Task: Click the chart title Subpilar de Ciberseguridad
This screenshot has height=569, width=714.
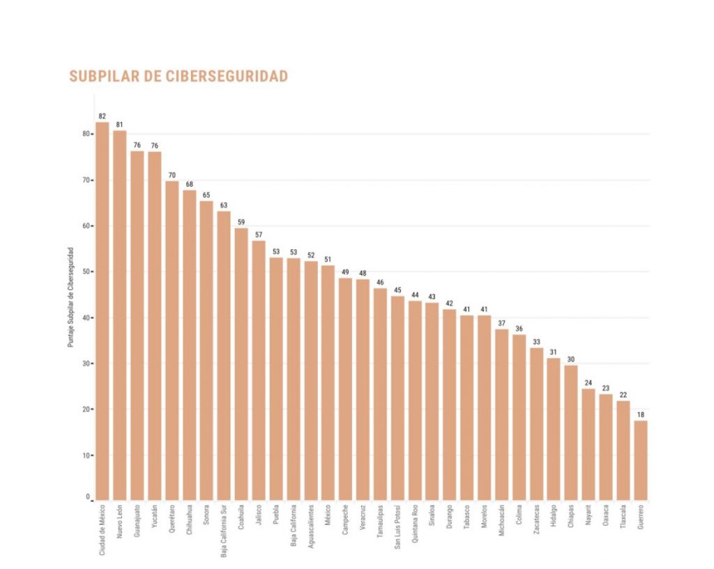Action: [x=178, y=76]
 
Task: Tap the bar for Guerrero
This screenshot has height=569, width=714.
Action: [x=640, y=460]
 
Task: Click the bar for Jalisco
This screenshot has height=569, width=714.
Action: [x=259, y=370]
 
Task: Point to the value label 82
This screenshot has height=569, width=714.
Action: [x=102, y=116]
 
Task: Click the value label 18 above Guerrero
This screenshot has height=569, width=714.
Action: [x=640, y=414]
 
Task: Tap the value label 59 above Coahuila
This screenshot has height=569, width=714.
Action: [x=241, y=222]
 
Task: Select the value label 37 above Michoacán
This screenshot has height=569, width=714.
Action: [x=502, y=323]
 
